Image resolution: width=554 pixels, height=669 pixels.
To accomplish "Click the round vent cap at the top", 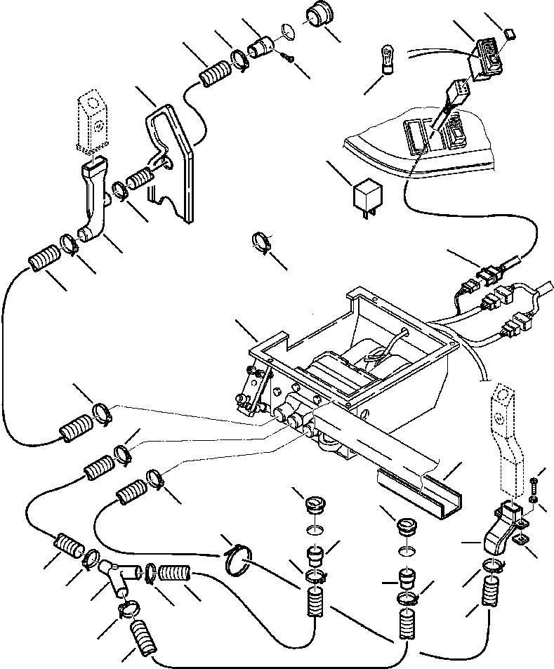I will pyautogui.click(x=319, y=18).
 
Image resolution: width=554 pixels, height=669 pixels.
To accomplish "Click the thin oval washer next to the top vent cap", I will pyautogui.click(x=286, y=30).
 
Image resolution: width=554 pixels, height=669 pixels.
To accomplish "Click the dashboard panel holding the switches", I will pyautogui.click(x=421, y=147).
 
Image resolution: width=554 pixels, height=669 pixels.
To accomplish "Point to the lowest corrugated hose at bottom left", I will pyautogui.click(x=144, y=636).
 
